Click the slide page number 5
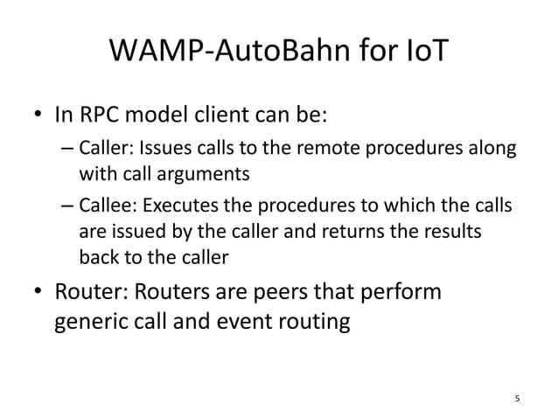[517, 399]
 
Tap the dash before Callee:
[67, 209]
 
